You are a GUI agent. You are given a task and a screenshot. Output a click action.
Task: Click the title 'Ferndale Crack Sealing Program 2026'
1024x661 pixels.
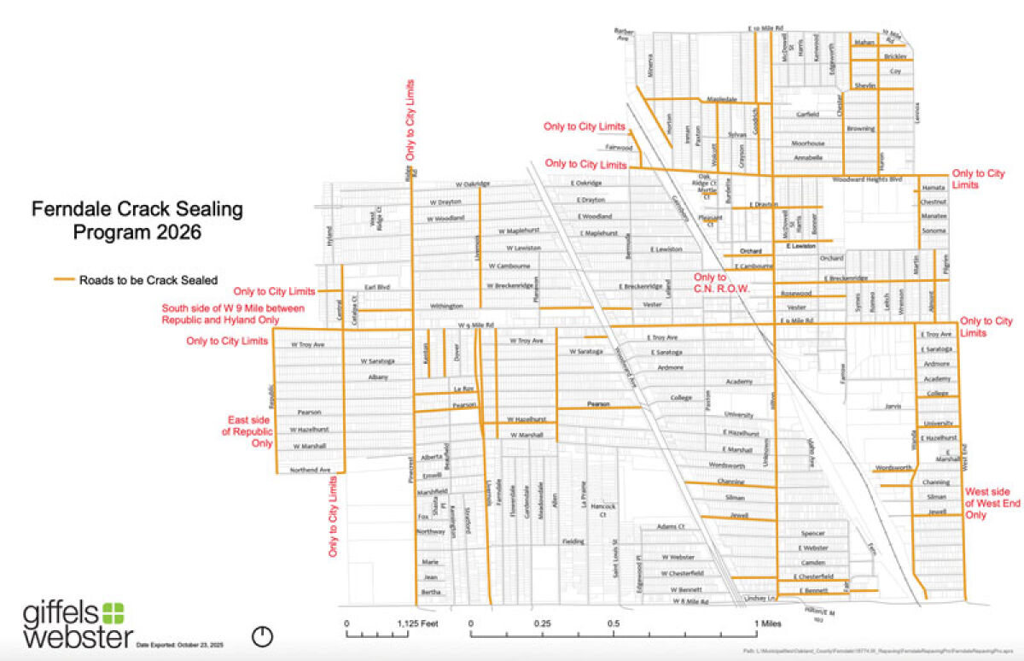137,219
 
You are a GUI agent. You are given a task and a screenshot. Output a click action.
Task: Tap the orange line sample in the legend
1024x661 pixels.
64,279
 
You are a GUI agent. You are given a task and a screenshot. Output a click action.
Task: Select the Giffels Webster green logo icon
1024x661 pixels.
113,612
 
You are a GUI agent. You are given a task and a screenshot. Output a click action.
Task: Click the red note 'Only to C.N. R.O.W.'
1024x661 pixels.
720,284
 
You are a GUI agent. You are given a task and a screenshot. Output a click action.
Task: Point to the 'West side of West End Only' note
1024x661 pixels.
992,503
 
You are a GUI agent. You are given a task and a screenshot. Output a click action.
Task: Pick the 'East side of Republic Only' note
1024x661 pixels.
250,431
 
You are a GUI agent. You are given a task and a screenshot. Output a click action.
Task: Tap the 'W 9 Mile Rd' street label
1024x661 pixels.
476,325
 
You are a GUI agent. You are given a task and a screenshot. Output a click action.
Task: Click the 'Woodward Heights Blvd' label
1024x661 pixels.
866,179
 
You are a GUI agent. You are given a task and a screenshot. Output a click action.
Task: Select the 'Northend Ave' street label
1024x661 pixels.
309,470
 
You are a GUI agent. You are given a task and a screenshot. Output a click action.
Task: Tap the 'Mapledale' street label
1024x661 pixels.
722,99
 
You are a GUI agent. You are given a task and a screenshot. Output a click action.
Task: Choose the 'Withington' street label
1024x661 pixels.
446,305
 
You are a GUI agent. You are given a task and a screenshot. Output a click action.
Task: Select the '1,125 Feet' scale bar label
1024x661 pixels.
418,623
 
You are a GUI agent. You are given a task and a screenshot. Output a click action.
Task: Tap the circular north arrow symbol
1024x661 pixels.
263,635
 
